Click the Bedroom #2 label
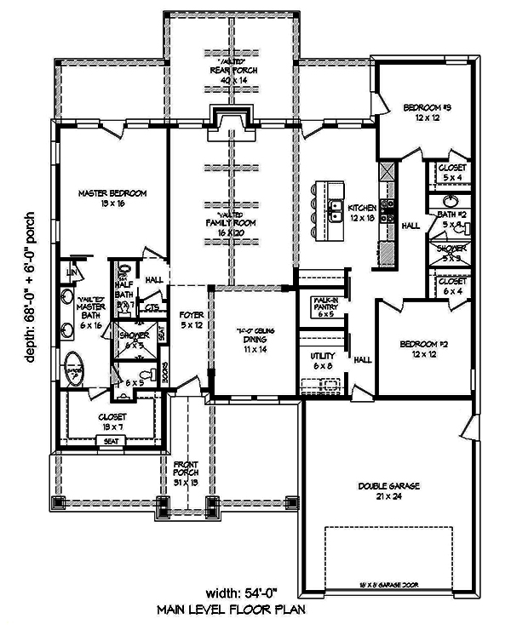pyautogui.click(x=423, y=350)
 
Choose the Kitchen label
pyautogui.click(x=363, y=212)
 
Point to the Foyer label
pyautogui.click(x=192, y=320)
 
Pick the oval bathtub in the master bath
pyautogui.click(x=76, y=372)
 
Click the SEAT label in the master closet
pyautogui.click(x=111, y=441)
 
